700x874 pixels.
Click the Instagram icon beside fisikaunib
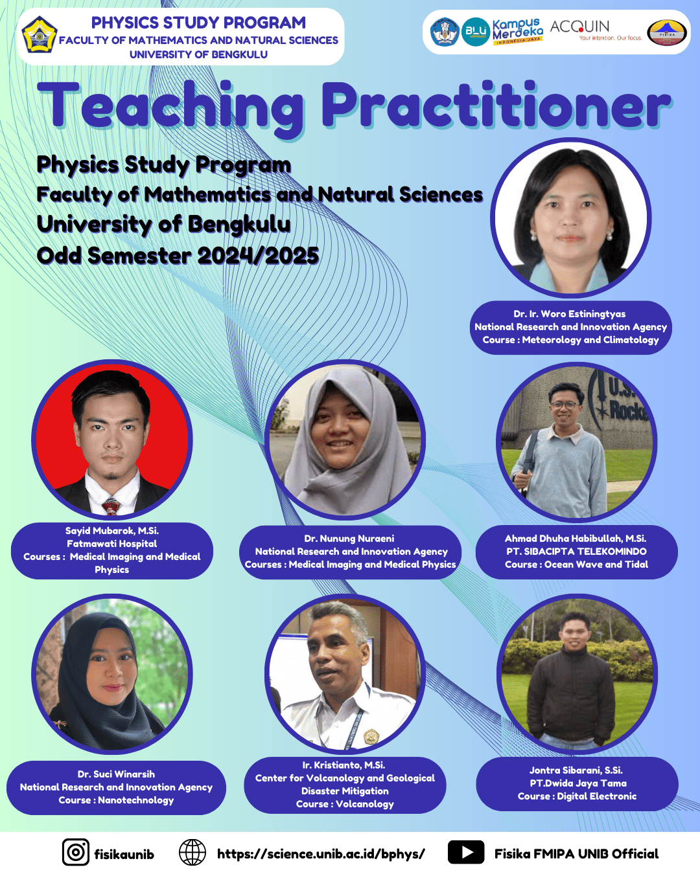coord(76,852)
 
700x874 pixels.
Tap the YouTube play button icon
coord(465,852)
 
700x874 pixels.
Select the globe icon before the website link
coord(192,852)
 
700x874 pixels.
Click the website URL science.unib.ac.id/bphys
coord(321,854)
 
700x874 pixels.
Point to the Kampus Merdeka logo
coord(517,31)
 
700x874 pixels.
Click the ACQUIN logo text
coord(580,27)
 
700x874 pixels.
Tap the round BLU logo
coord(476,31)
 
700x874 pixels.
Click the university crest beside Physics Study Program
coord(40,35)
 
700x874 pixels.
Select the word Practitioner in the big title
coord(496,106)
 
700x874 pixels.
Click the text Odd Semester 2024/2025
coord(178,256)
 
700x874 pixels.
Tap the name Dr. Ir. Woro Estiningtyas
coord(570,314)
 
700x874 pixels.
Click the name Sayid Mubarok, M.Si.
coord(112,531)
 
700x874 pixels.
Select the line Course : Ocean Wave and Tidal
coord(576,565)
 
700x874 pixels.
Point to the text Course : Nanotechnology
coord(116,800)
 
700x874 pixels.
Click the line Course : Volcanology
coord(345,804)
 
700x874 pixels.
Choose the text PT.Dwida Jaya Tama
coord(577,783)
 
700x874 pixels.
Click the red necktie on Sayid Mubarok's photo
coord(111,506)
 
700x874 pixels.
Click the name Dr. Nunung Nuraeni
coord(349,539)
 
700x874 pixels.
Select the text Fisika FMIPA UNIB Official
coord(576,854)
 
